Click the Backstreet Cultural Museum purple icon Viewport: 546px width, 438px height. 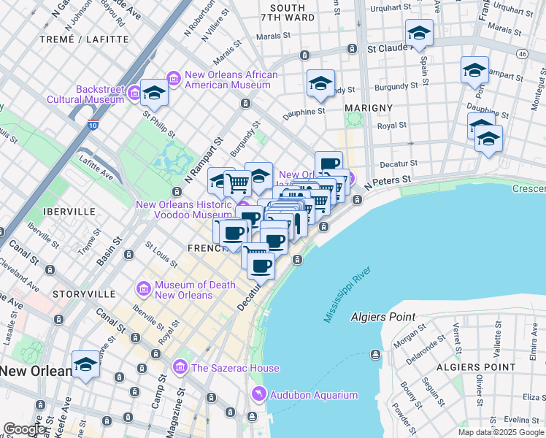(x=134, y=93)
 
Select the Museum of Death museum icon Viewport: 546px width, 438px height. (x=143, y=290)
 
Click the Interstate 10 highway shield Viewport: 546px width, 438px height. (x=93, y=125)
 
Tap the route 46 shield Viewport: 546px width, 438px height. (x=521, y=54)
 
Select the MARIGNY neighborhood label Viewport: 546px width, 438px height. (x=369, y=107)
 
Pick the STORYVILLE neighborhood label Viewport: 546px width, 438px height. (x=84, y=293)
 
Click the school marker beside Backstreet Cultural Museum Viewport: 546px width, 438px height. (x=154, y=93)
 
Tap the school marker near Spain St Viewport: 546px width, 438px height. (x=419, y=33)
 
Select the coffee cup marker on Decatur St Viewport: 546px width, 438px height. (x=261, y=265)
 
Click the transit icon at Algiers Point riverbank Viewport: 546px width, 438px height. (x=375, y=355)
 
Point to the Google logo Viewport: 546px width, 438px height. (x=24, y=429)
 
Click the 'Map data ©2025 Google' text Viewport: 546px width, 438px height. (x=501, y=432)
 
